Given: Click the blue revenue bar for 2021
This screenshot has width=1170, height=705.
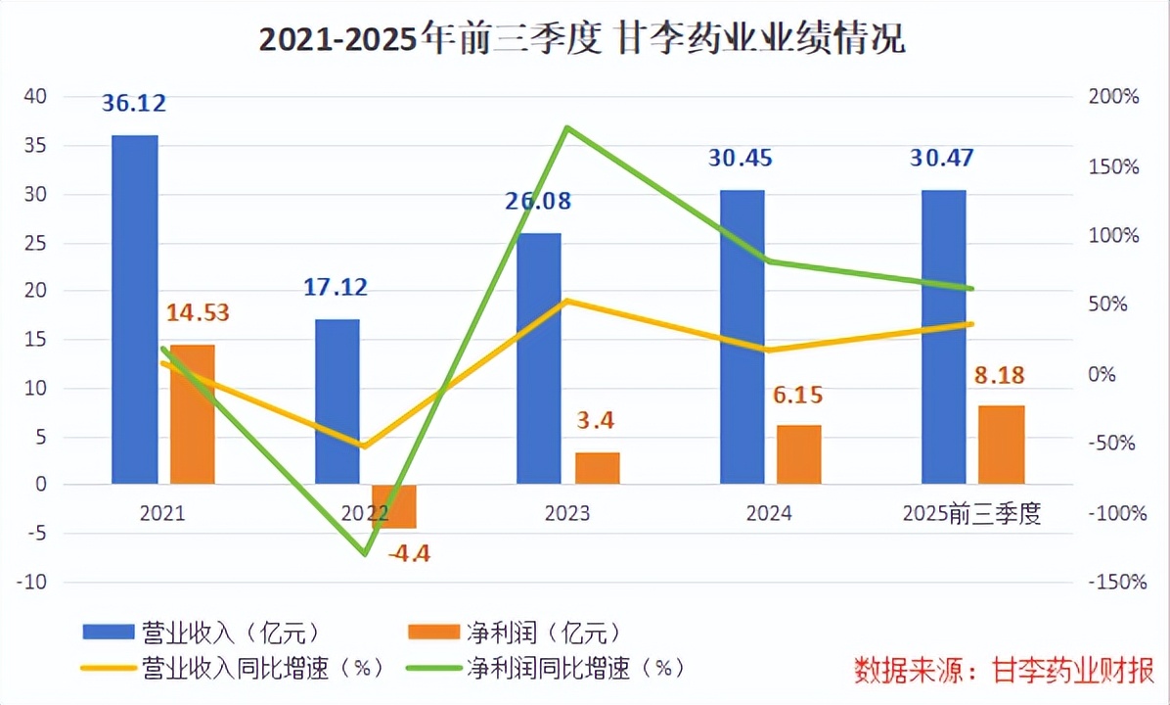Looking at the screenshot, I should pos(134,308).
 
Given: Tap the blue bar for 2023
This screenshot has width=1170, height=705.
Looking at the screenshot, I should pos(539,358).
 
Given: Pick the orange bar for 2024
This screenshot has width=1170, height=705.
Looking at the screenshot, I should pos(799,454).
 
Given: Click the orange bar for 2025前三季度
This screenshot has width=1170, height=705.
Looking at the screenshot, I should pos(1002,445).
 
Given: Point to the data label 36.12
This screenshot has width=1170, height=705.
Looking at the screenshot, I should pos(134,102).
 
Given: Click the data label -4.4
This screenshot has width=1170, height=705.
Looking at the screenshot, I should pos(408,553).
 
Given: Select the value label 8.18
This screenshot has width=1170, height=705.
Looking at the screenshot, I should pos(1001,376).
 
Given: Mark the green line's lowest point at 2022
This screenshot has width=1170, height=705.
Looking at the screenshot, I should pos(365,554).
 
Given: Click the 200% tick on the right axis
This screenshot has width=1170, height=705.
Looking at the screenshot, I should pos(1114,97).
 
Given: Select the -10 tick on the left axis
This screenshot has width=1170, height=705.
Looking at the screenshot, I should pos(35,582).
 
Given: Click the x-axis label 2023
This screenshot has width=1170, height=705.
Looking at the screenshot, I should pos(567,514).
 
